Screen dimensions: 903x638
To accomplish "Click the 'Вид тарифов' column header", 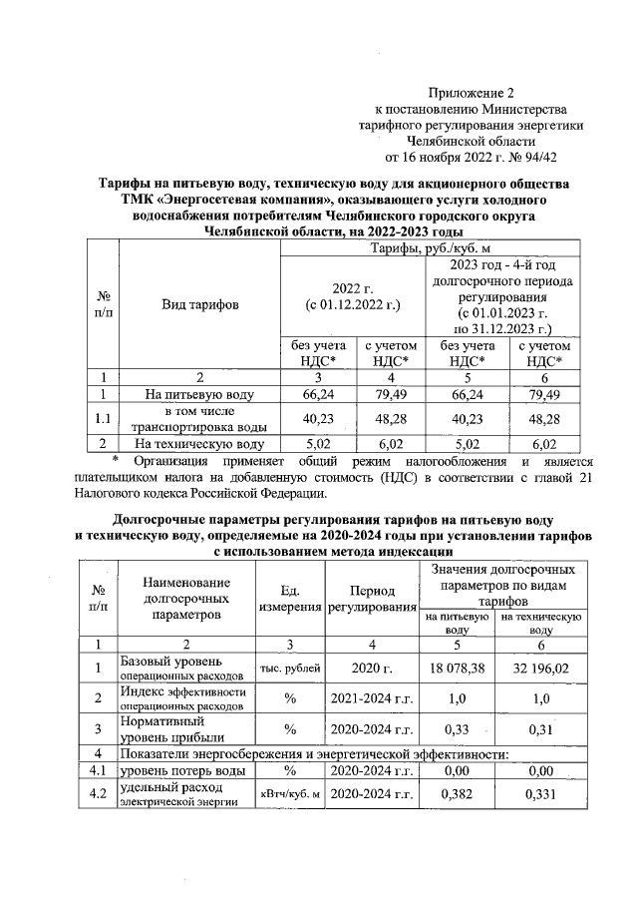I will click(x=199, y=304).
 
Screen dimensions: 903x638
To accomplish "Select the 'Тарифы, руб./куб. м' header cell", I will click(x=432, y=247).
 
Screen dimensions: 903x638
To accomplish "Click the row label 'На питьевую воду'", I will click(x=199, y=394).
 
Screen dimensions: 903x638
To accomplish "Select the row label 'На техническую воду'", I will click(x=199, y=444).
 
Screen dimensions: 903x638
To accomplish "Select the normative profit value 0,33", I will click(x=458, y=729).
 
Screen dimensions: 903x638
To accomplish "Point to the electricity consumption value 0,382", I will click(x=458, y=793).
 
